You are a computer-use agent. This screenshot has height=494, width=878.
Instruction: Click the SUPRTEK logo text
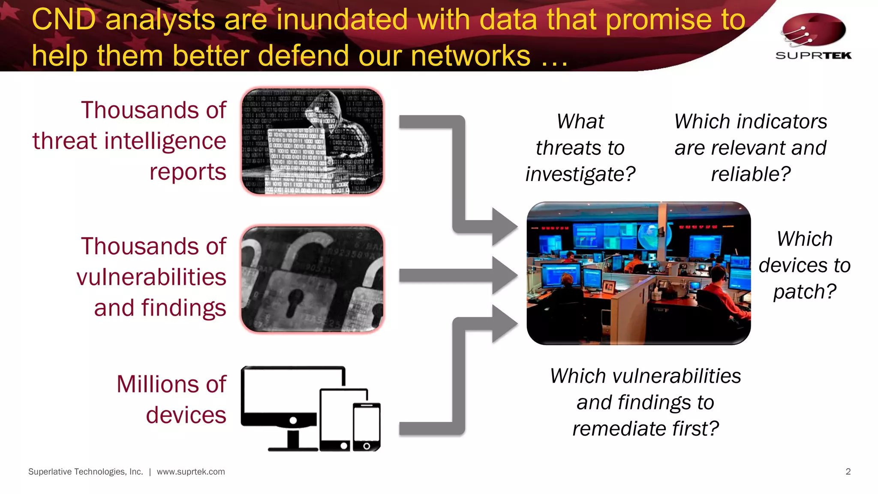(813, 55)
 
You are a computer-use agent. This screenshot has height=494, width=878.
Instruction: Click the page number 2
(848, 472)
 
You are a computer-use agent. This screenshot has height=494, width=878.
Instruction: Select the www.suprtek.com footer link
(191, 472)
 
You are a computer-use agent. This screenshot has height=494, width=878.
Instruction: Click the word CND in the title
(63, 20)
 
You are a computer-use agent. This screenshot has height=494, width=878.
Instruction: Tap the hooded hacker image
(312, 141)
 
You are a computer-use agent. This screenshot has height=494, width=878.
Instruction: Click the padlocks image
(312, 279)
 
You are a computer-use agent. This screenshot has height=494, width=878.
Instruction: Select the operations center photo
(638, 273)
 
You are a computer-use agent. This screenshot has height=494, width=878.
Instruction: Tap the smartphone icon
(367, 427)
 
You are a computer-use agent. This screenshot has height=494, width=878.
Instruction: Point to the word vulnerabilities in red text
(151, 277)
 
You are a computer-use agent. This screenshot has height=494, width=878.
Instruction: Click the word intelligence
(166, 141)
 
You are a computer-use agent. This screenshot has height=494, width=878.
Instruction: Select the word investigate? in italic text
(580, 174)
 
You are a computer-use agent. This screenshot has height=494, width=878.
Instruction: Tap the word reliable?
(751, 174)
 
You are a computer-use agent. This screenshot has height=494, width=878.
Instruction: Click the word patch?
(805, 292)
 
